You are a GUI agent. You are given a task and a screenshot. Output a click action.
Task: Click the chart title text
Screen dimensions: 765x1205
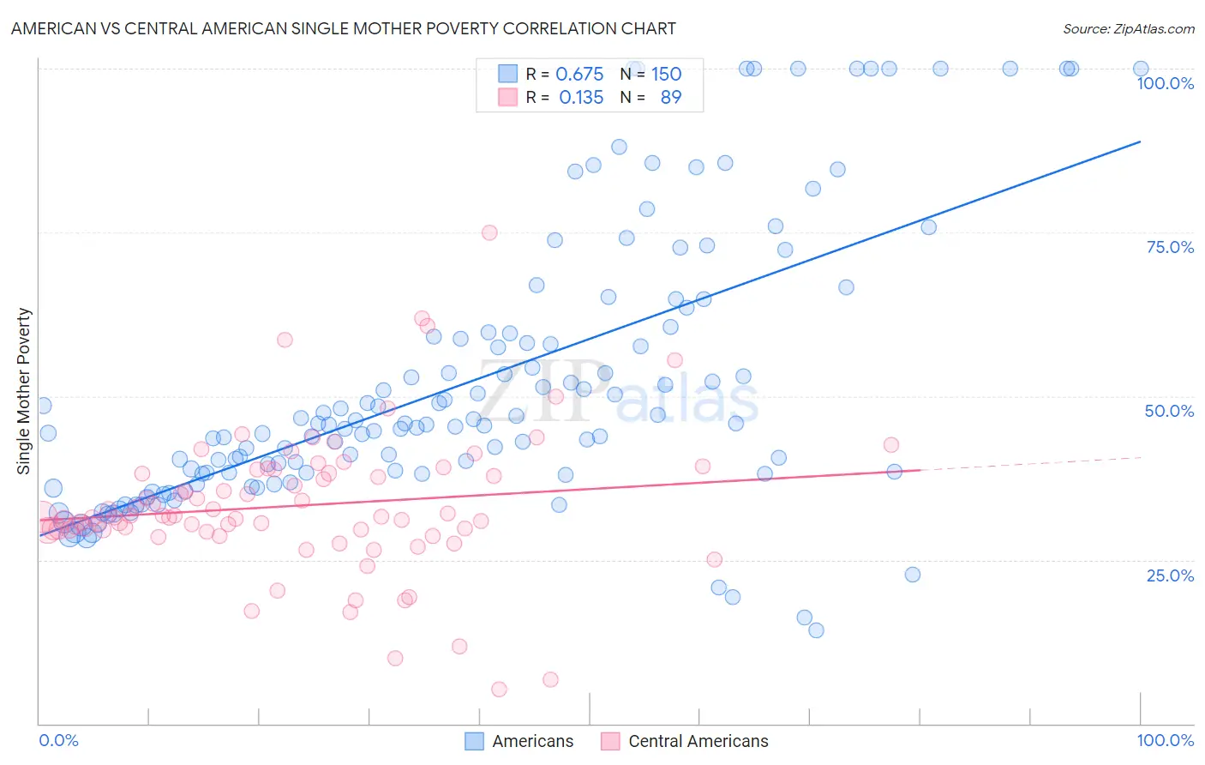tap(343, 28)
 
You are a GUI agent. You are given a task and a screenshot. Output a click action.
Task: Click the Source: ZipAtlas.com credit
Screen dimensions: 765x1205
tap(1128, 28)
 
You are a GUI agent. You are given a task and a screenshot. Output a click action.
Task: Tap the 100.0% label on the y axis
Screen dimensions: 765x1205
tap(1165, 83)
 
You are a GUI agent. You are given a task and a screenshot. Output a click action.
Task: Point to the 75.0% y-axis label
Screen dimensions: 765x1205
tap(1170, 247)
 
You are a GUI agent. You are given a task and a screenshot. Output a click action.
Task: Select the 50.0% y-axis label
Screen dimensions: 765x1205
tap(1169, 411)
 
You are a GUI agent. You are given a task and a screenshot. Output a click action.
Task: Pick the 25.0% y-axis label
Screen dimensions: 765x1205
tap(1170, 575)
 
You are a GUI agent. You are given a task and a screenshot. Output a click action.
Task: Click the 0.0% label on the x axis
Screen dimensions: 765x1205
tap(58, 740)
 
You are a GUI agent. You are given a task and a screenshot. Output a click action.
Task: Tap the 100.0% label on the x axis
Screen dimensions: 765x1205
tap(1165, 740)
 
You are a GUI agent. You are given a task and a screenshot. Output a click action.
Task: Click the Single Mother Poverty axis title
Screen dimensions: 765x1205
tap(24, 391)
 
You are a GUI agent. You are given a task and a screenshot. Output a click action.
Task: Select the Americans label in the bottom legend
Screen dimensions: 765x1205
tap(532, 741)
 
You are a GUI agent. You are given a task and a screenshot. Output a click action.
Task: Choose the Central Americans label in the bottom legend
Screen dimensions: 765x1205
tap(698, 741)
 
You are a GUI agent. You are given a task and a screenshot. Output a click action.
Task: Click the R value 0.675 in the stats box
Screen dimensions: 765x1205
tap(579, 75)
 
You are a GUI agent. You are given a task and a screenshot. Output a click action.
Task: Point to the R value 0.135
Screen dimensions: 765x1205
tap(581, 98)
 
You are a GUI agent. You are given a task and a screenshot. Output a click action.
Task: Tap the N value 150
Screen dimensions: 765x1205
tap(666, 75)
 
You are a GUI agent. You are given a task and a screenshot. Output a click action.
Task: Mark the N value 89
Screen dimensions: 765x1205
tap(670, 98)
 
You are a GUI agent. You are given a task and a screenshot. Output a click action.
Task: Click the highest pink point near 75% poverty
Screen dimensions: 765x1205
tap(489, 232)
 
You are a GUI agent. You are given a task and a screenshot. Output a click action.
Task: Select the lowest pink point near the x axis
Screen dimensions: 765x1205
tap(499, 689)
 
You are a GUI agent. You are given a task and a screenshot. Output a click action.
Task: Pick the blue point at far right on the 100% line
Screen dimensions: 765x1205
tap(1141, 69)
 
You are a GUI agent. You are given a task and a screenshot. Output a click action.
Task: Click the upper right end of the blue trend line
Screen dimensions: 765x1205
tap(1140, 142)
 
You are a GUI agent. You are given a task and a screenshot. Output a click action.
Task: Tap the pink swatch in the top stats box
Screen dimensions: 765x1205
tap(507, 97)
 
